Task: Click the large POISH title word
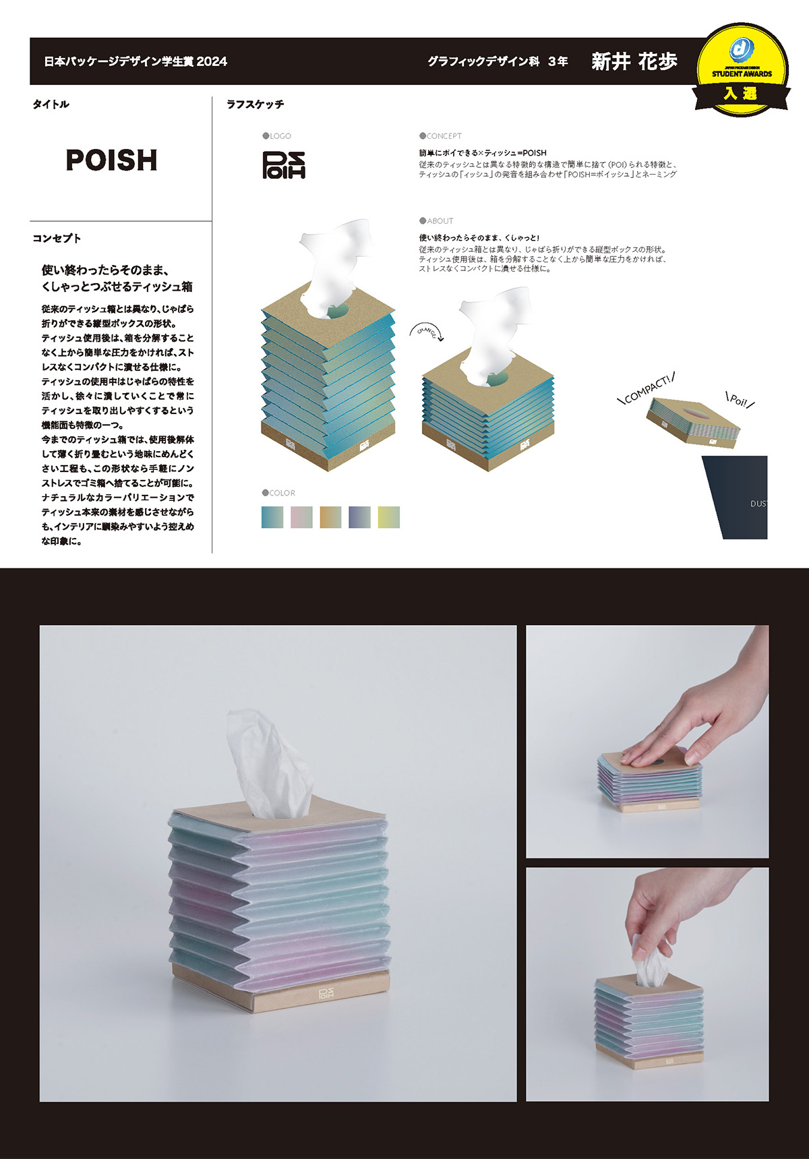coord(111,160)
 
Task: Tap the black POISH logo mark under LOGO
coord(283,165)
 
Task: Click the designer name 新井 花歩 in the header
coord(634,61)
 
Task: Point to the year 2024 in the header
coord(212,61)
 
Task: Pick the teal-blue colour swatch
coord(272,517)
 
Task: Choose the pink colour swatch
coord(301,517)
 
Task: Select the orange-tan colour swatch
coord(330,517)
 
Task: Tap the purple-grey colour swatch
coord(359,517)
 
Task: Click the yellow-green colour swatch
coord(388,517)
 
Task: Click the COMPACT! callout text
coord(647,390)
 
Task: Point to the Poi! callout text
coord(740,400)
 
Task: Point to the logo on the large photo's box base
coord(326,994)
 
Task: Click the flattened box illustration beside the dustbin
coord(692,422)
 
